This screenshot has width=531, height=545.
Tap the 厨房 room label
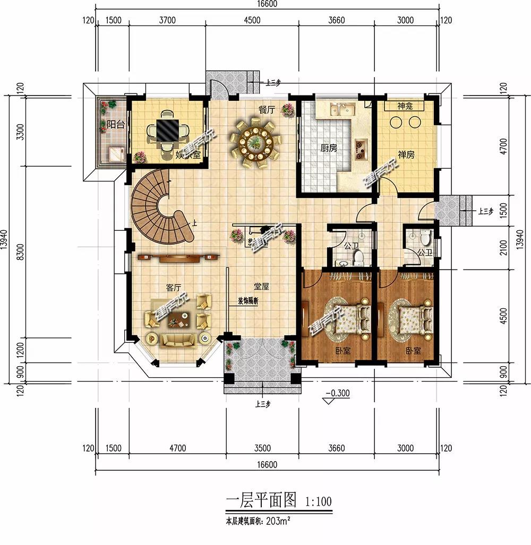click(329, 149)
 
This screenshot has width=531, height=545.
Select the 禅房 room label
click(406, 155)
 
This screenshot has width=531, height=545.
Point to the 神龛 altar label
click(405, 107)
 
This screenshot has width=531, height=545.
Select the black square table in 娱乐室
click(167, 129)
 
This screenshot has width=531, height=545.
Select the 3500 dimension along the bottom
click(262, 448)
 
